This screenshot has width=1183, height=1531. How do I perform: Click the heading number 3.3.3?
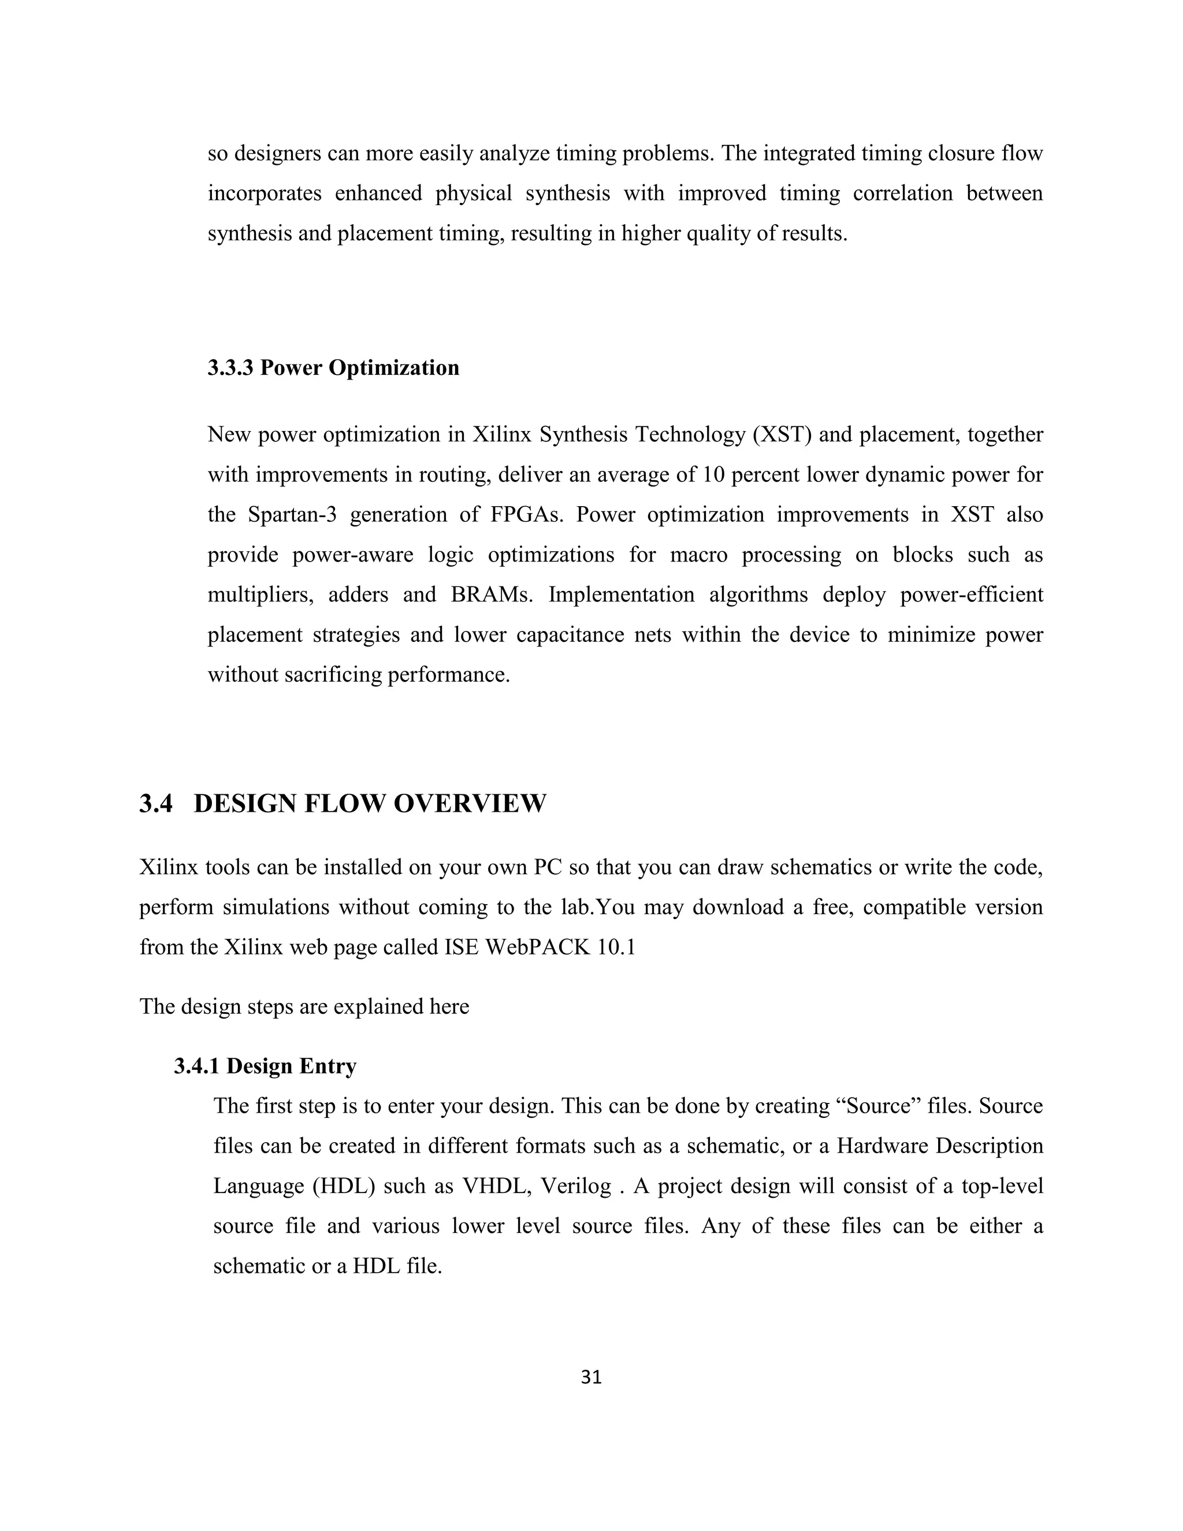(230, 367)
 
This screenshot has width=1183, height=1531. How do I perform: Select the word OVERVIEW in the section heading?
(469, 804)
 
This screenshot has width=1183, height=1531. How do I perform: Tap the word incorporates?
(264, 193)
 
